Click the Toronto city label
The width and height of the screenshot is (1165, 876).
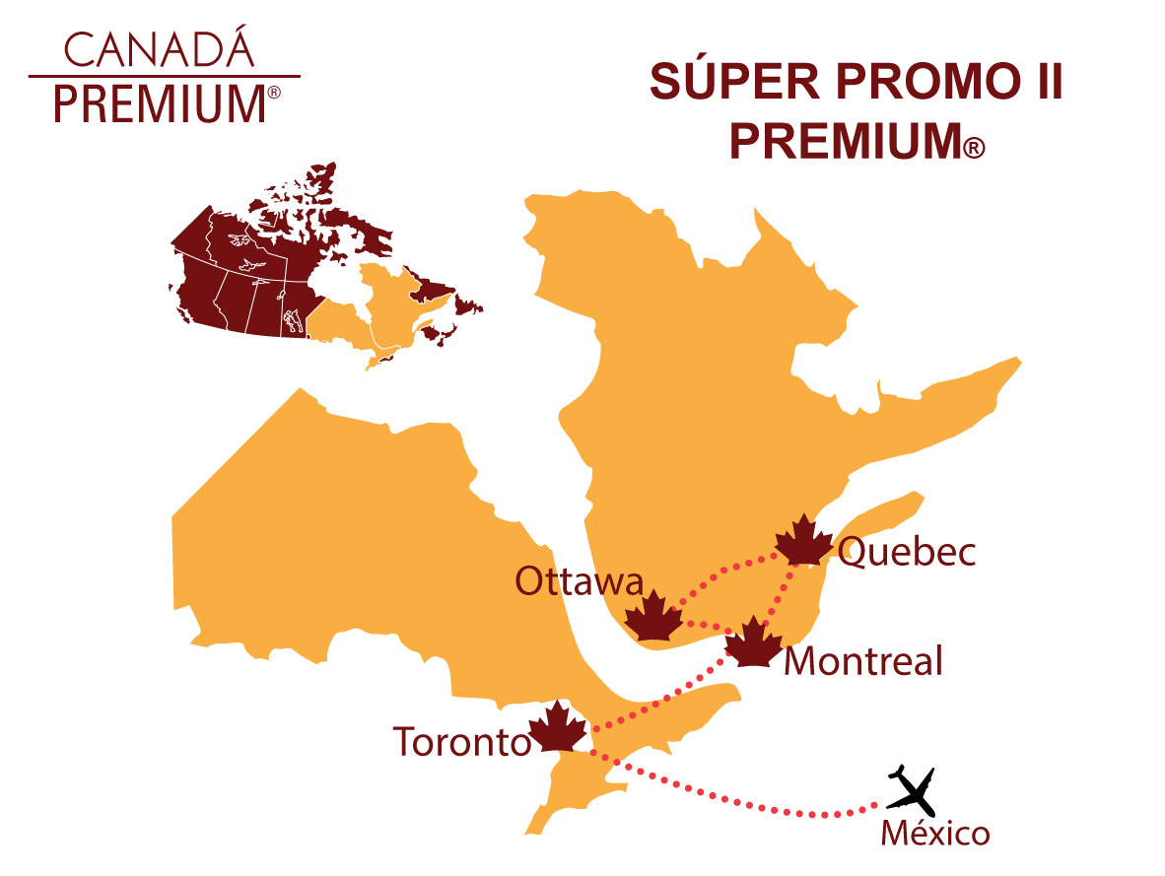[x=461, y=741]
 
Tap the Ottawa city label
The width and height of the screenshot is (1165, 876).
[x=579, y=582]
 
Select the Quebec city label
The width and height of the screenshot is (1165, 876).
[x=906, y=553]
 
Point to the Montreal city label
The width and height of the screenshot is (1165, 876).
[x=862, y=660]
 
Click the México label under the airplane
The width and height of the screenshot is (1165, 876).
[x=934, y=835]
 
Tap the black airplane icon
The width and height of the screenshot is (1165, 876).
[x=912, y=787]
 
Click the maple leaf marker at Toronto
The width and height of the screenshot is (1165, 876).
[x=558, y=728]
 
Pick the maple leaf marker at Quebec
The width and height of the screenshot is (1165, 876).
[x=803, y=540]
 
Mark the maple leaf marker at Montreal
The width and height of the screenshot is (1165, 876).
[x=754, y=642]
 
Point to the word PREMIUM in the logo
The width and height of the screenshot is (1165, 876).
[x=158, y=102]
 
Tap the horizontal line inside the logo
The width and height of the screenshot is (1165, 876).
[x=164, y=76]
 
